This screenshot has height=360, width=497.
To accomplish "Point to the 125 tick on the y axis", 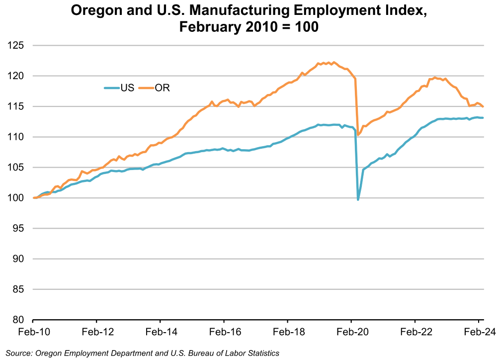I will tap(17, 46).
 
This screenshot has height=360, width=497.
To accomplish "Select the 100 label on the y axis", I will tap(17, 198).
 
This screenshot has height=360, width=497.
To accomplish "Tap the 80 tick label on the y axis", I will tap(19, 320).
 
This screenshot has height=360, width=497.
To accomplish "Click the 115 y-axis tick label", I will tap(17, 107).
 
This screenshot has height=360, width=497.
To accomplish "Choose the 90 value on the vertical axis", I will tap(19, 259).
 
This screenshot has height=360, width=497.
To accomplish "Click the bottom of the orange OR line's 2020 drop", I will tap(358, 135).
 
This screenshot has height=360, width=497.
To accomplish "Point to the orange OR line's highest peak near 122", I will tap(333, 62).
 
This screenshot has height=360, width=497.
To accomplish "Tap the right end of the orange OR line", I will tap(483, 106).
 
